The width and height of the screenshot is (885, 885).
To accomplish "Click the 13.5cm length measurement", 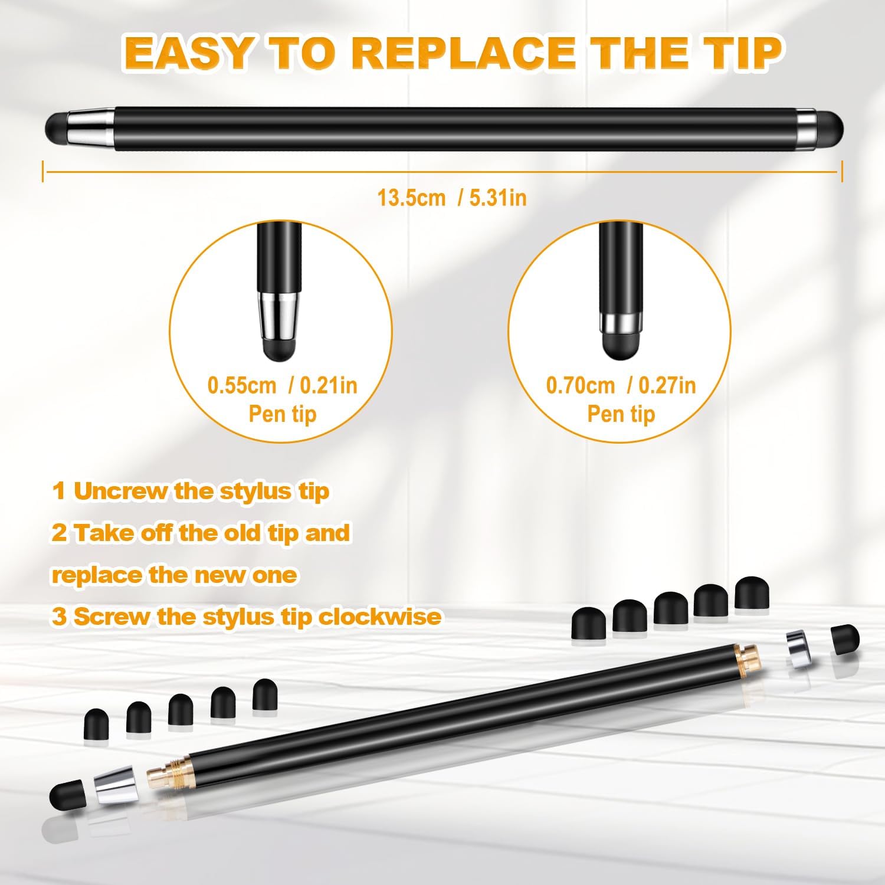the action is click(x=411, y=198).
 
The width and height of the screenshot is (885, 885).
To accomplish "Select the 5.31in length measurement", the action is click(x=498, y=198).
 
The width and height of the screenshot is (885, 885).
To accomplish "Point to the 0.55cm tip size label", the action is click(x=242, y=385).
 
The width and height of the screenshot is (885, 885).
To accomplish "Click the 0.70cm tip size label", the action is click(x=581, y=385).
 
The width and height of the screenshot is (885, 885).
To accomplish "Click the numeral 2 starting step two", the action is click(x=59, y=533).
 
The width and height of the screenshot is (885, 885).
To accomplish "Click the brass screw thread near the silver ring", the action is click(x=748, y=654).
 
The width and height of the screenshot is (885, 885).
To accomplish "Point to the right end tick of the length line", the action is click(x=842, y=172).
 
